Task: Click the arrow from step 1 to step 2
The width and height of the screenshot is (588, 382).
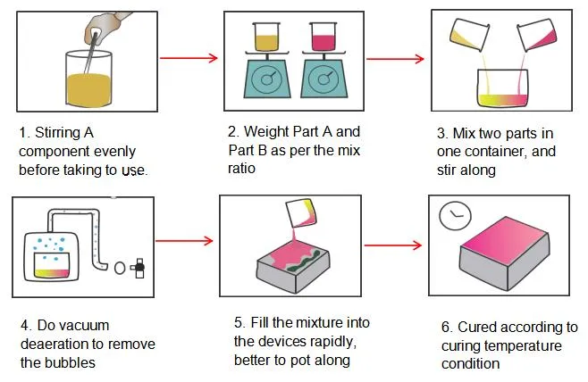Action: (189, 58)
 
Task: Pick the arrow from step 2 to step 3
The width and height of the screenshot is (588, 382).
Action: (394, 59)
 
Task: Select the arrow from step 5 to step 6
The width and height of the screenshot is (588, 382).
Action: (392, 243)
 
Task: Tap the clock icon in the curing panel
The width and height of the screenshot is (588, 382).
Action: (454, 215)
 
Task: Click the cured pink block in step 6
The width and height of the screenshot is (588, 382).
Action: (505, 253)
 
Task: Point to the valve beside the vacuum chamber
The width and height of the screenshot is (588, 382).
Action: (138, 266)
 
